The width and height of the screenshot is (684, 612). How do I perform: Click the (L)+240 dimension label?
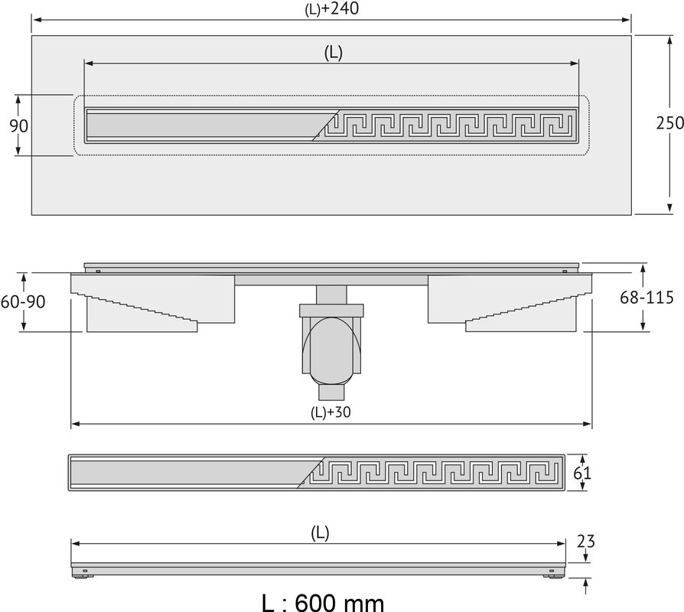[x=331, y=8]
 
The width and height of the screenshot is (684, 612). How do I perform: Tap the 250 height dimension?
[x=670, y=123]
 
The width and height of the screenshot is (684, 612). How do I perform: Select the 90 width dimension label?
[x=19, y=125]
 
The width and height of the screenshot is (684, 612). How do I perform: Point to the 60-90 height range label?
[x=23, y=301]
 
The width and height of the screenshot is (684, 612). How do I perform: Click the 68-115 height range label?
[x=647, y=298]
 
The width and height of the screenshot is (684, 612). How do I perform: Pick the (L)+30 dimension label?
[x=331, y=412]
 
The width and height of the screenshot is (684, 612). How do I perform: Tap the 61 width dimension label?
[x=582, y=473]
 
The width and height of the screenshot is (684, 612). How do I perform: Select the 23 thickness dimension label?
[x=586, y=542]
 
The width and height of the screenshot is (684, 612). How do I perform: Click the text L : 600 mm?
[x=323, y=603]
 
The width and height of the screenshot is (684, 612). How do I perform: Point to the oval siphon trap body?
[x=331, y=347]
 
